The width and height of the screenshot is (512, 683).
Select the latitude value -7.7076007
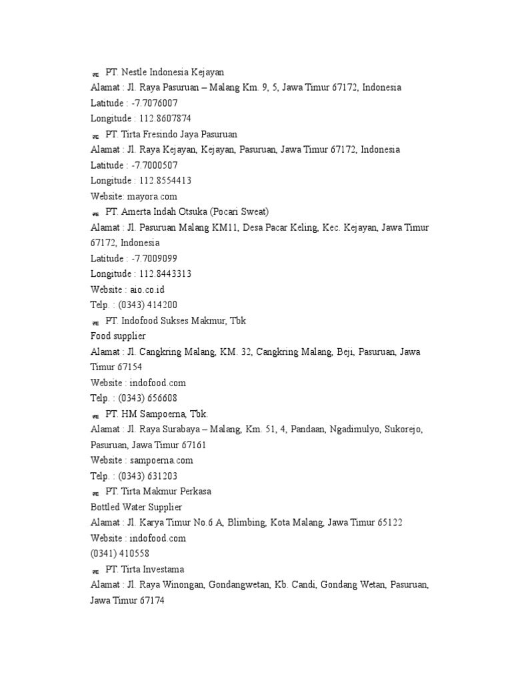point(154,103)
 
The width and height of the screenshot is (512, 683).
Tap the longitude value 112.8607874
point(165,119)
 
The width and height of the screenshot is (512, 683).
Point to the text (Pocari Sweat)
point(239,212)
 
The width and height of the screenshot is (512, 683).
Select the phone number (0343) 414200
point(148,305)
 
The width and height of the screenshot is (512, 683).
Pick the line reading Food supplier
point(118,335)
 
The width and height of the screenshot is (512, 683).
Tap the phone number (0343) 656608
point(148,398)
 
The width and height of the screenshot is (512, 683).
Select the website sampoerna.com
point(161,460)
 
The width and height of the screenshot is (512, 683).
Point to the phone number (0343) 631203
point(148,476)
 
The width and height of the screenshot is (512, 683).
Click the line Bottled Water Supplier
point(136,507)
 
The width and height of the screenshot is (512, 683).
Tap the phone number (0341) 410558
point(120,553)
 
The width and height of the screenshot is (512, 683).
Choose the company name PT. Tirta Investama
point(145,569)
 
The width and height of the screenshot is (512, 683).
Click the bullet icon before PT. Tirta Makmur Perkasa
point(95,492)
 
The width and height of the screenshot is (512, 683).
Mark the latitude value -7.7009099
point(154,258)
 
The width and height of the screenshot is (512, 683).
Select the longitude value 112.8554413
point(165,181)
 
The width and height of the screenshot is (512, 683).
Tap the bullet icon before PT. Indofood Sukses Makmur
point(95,321)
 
